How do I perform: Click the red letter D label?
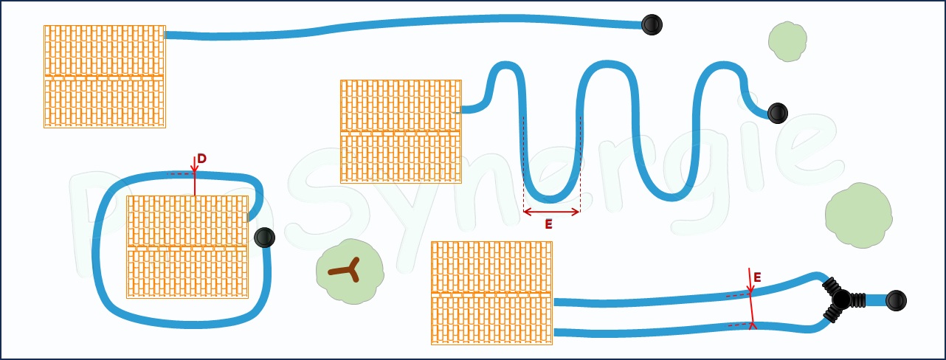click(x=201, y=159)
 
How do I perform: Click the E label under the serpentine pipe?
click(x=548, y=224)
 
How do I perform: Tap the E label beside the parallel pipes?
click(x=757, y=277)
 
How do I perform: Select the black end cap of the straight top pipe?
click(x=651, y=25)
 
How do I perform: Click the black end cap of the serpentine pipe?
click(x=777, y=113)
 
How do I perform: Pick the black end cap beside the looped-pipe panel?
click(x=264, y=238)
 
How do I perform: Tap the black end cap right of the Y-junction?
click(x=895, y=300)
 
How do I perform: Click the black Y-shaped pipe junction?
click(x=841, y=300)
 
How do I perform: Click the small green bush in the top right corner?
click(x=787, y=42)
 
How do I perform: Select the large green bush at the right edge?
click(x=857, y=215)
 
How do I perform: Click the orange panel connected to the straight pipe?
click(x=104, y=77)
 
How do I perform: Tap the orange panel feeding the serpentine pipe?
click(x=401, y=131)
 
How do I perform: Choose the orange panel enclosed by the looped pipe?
click(x=187, y=246)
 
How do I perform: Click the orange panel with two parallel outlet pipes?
click(x=491, y=293)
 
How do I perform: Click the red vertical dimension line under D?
click(x=195, y=184)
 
